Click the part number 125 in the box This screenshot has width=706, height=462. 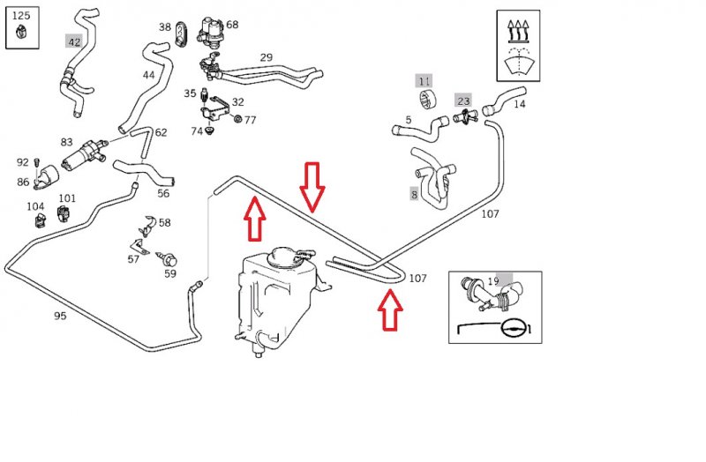[21, 16]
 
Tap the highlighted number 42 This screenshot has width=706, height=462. [74, 42]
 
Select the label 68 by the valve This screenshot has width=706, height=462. [232, 25]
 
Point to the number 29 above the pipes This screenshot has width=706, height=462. [267, 57]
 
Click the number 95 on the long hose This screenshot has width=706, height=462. [60, 316]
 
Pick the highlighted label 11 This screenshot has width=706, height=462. [424, 81]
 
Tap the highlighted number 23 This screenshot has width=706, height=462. [463, 101]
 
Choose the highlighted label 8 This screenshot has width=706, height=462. [414, 195]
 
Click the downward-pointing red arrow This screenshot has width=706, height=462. [312, 187]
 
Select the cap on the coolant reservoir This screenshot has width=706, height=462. [282, 257]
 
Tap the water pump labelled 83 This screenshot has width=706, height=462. [85, 155]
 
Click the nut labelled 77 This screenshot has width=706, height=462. [237, 119]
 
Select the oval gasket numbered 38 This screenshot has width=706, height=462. [180, 34]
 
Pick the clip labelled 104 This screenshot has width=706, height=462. [40, 220]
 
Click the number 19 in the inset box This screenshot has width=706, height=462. [493, 281]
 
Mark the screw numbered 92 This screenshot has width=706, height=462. [37, 164]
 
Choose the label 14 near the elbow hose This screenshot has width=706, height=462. [519, 104]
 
